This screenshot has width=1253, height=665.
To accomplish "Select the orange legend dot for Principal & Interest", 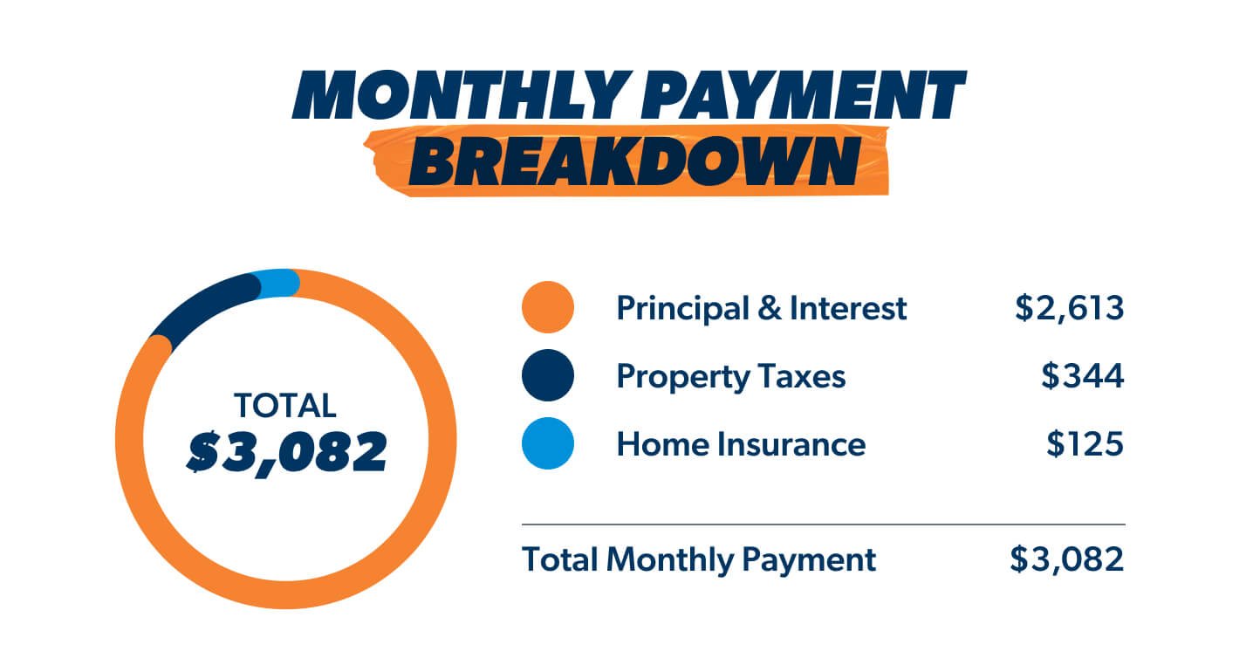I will click(x=547, y=308).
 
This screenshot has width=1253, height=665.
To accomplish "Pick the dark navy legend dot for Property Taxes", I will click(x=547, y=376).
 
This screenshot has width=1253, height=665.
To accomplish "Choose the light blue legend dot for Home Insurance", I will click(x=547, y=444).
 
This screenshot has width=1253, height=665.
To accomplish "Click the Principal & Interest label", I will click(x=761, y=308).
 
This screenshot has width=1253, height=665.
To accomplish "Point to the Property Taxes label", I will click(x=730, y=376).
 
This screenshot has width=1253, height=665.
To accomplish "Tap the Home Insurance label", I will click(x=740, y=444).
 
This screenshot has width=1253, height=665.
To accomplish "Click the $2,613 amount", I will click(x=1069, y=308).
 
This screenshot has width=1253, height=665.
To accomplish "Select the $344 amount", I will click(x=1082, y=376).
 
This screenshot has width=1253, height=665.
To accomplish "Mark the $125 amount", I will click(x=1085, y=444).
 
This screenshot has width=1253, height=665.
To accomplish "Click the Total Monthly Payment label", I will click(x=698, y=559).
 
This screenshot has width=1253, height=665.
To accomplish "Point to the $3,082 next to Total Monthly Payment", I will click(x=1066, y=559).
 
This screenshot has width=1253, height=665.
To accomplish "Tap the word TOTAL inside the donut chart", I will click(x=284, y=405).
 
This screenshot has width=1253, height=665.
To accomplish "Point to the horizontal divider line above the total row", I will click(x=823, y=524).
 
